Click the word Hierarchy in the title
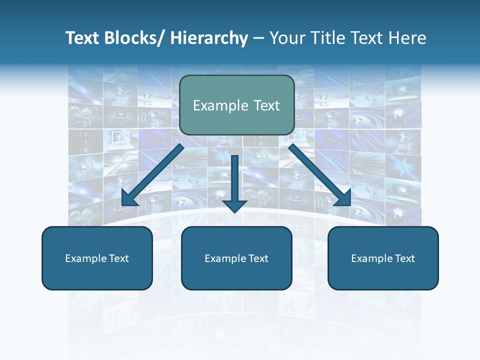[x=208, y=38]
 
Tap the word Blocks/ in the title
[x=133, y=38]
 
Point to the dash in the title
[x=258, y=39]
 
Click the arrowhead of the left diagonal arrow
[x=128, y=198]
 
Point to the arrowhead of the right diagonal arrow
[x=344, y=198]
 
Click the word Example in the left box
[x=85, y=258]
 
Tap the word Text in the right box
[x=405, y=258]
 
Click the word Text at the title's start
[x=82, y=38]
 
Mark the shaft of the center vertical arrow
[x=234, y=175]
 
